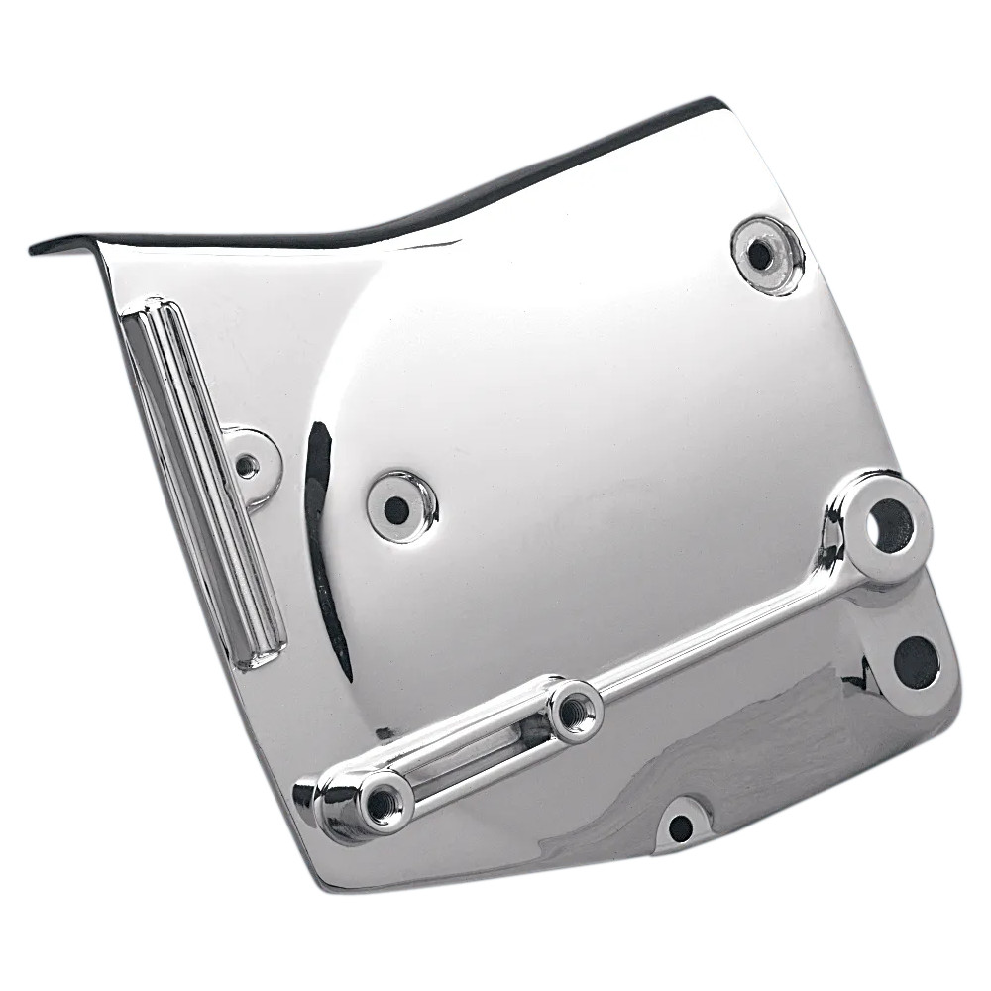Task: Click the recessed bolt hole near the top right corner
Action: coord(761,255)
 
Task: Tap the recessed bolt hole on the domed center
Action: coord(396,509)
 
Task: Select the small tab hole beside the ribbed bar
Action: coord(247,464)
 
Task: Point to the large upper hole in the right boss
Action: coord(889,526)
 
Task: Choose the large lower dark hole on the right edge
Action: coord(916,662)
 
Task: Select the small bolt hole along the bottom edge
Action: coord(680,827)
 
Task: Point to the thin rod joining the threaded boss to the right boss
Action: coord(723,634)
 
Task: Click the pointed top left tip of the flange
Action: coord(35,246)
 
